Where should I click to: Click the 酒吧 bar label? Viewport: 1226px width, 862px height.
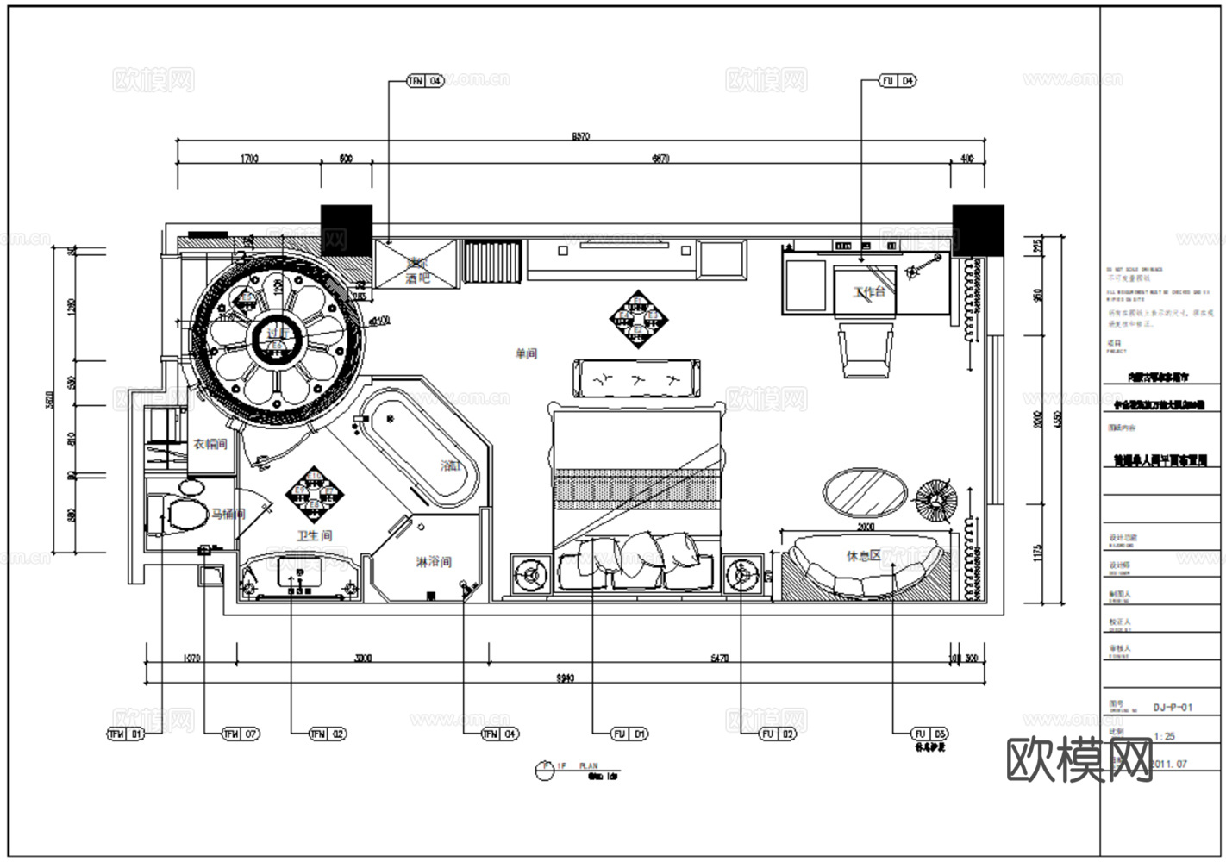point(417,278)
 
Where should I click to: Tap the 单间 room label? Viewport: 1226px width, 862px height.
point(526,353)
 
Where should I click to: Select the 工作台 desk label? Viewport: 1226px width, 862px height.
point(869,292)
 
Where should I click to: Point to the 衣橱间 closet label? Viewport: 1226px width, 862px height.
point(210,444)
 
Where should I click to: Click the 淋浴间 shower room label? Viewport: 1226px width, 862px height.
point(434,562)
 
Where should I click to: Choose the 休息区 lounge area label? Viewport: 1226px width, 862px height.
point(863,556)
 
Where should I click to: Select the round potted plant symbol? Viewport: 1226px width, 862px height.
point(935,497)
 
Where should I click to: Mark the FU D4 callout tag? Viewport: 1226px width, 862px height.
point(898,81)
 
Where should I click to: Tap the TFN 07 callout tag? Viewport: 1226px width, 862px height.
point(241,734)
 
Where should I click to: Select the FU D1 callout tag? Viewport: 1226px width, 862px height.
point(629,734)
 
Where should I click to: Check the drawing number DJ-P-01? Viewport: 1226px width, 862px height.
point(1173,708)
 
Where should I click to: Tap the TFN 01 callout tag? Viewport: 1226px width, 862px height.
point(125,734)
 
